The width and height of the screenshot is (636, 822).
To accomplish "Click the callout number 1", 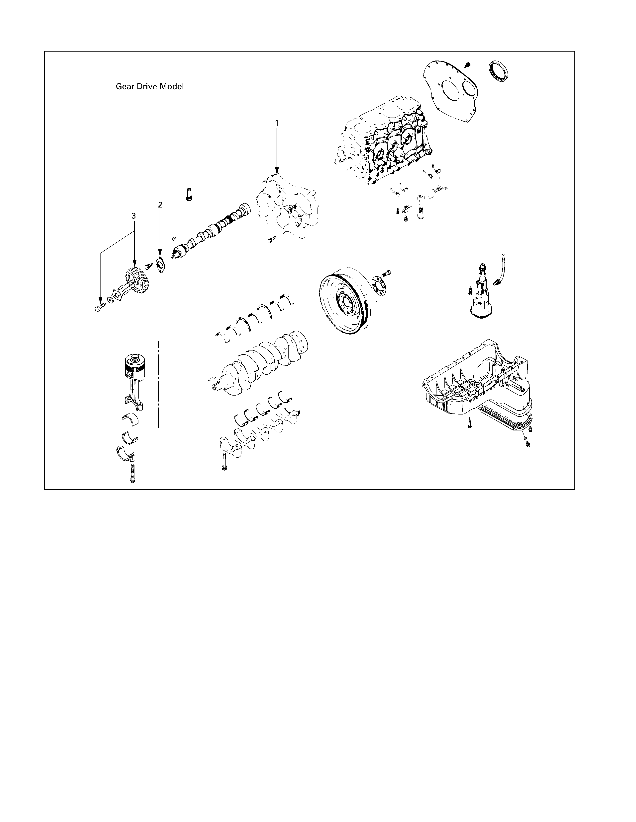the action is (277, 123).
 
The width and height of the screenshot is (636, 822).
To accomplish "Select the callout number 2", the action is (160, 205).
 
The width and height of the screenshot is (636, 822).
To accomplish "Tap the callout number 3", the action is (133, 216).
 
